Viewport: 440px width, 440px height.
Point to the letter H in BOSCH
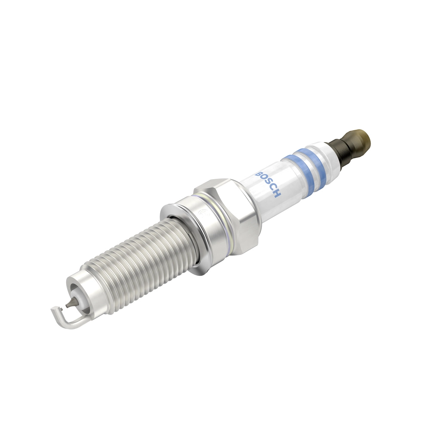pyautogui.click(x=277, y=195)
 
